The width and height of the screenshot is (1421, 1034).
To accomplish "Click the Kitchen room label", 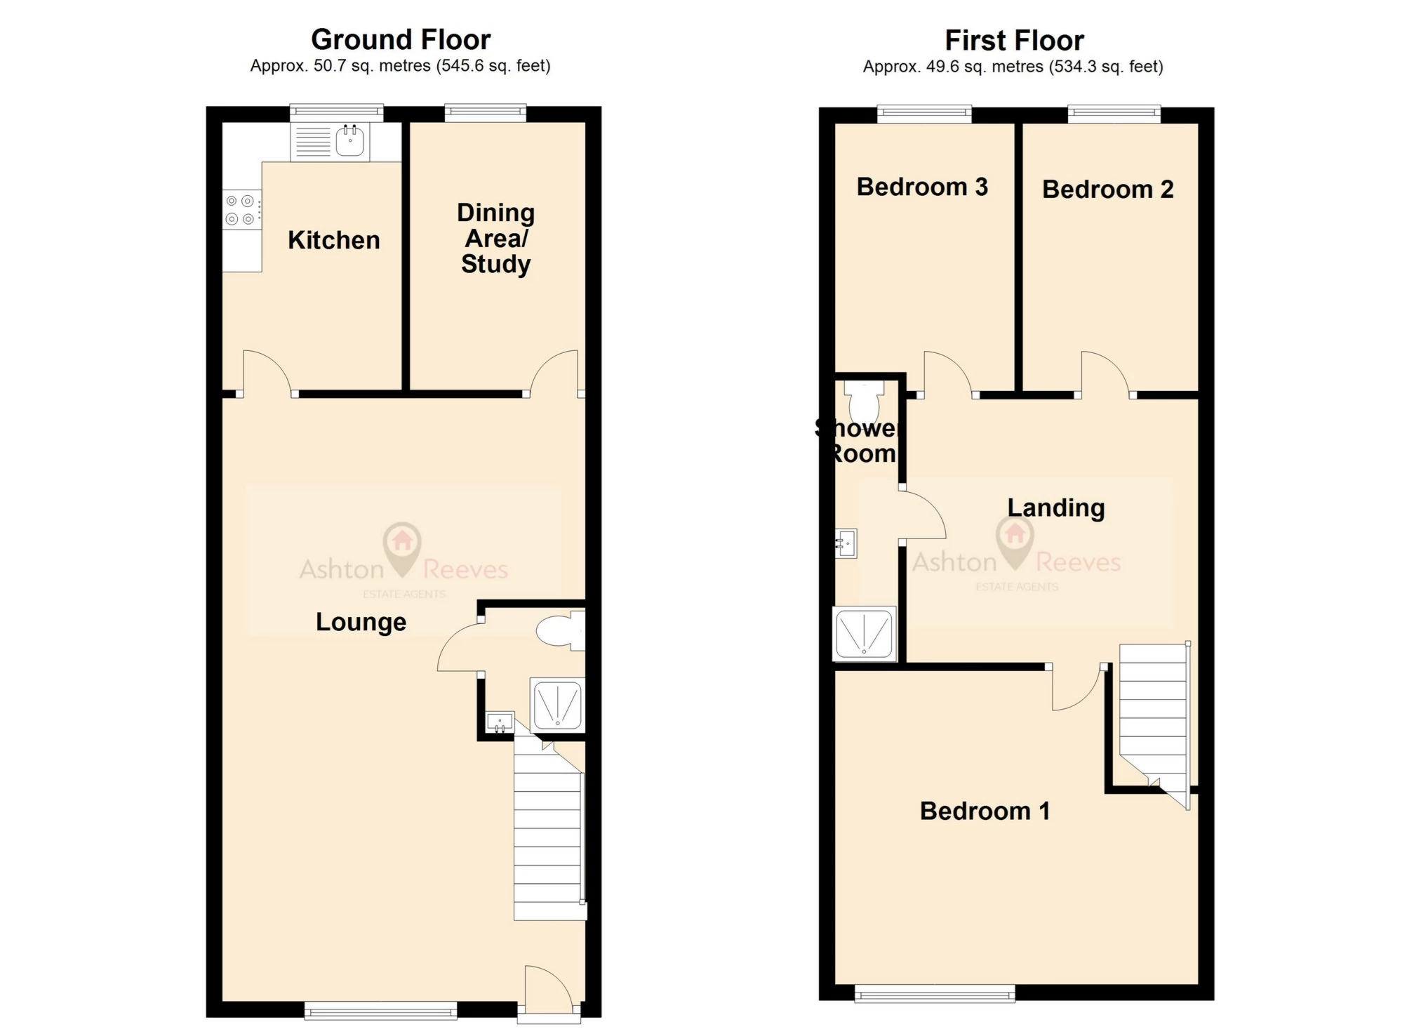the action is tap(334, 240).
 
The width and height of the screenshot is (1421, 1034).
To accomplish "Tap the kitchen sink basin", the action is tap(350, 141).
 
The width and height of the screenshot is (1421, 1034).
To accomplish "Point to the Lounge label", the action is tap(361, 622).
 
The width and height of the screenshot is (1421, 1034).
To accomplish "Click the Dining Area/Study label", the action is tap(496, 238).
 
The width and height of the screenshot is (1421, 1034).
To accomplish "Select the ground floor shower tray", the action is tap(557, 704).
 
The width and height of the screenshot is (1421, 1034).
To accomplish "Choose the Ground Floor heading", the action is tap(401, 39).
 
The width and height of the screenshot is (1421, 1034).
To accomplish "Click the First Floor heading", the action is tap(1014, 41).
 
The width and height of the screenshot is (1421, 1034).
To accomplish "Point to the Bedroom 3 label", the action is tap(922, 187).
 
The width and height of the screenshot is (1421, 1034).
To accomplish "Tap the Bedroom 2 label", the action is tap(1107, 190).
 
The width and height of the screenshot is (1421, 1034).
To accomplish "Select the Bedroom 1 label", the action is tap(985, 811).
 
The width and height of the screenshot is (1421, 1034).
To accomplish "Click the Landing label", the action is tap(1056, 508).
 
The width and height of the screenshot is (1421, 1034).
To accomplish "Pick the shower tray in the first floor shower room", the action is tap(865, 633).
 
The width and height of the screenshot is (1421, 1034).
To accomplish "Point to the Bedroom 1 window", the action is tap(935, 993).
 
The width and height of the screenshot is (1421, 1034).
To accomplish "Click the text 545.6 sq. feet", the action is tap(494, 66).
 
